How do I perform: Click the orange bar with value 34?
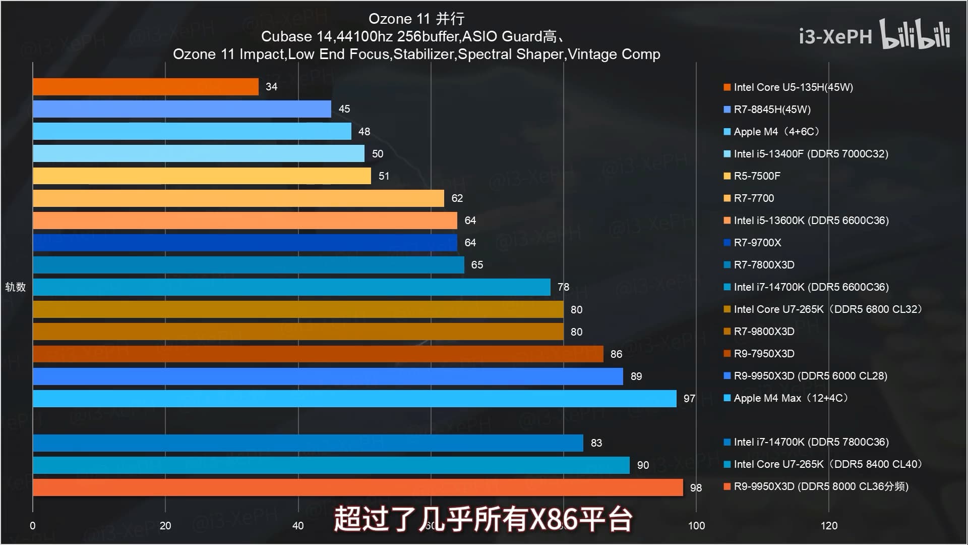click(146, 87)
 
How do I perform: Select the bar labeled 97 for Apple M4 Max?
click(354, 399)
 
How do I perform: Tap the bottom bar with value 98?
click(358, 487)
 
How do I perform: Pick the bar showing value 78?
click(291, 287)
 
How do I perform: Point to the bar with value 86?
click(318, 354)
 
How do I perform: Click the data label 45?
click(344, 109)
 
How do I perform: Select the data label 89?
click(636, 376)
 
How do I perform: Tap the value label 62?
click(457, 198)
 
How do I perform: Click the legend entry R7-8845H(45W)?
click(772, 110)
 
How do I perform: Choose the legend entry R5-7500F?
click(757, 176)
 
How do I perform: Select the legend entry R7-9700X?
click(757, 243)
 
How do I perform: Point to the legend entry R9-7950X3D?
click(764, 354)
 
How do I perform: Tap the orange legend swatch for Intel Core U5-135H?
click(727, 87)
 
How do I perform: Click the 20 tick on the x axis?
click(165, 526)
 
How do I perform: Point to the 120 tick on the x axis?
click(829, 526)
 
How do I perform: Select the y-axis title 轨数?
click(15, 287)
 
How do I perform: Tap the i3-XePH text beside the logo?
click(835, 36)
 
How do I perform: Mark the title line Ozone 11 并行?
click(416, 19)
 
